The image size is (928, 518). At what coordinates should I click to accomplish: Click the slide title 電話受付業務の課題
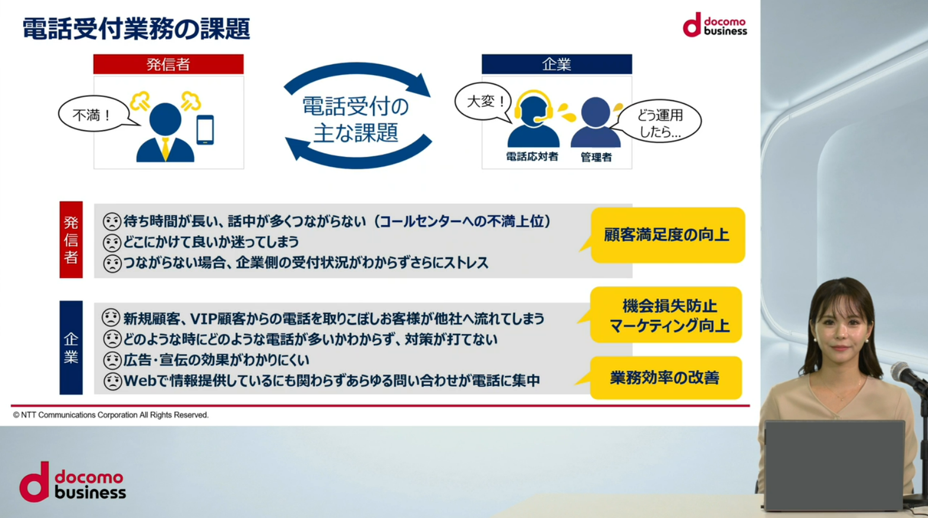136,29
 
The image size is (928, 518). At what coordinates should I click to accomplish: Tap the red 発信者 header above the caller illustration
168,64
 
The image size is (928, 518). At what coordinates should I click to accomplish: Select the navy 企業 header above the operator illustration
557,64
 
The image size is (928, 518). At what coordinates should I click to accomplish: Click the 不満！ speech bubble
93,115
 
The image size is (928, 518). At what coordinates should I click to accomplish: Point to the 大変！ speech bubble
484,102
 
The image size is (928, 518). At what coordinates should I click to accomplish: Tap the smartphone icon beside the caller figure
205,129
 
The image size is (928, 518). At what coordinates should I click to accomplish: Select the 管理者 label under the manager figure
596,157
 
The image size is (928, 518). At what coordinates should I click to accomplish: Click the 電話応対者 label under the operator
532,157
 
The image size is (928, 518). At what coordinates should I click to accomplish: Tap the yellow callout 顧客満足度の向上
667,235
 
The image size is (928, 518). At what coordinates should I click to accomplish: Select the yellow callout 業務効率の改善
665,378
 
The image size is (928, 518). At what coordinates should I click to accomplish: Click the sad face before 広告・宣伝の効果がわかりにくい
112,360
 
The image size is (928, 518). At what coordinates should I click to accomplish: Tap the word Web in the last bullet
141,380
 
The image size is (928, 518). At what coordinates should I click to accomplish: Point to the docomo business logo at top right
715,25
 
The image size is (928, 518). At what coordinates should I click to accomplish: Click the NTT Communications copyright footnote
111,415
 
